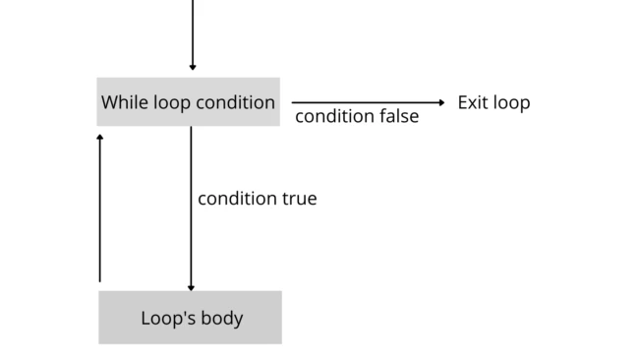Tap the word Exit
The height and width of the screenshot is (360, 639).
click(x=474, y=102)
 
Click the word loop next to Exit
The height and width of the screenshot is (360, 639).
click(x=512, y=102)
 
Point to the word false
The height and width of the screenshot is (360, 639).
click(x=394, y=116)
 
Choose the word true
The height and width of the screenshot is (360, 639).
click(x=298, y=199)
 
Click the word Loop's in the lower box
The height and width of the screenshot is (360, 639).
click(x=163, y=319)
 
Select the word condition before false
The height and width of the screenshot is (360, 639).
click(x=329, y=116)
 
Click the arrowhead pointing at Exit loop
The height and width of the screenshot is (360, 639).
click(x=442, y=102)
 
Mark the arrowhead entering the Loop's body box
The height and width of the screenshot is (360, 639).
click(x=191, y=287)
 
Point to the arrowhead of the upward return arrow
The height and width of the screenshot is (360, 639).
click(x=99, y=138)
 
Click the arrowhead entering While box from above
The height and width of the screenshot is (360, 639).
click(x=193, y=68)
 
